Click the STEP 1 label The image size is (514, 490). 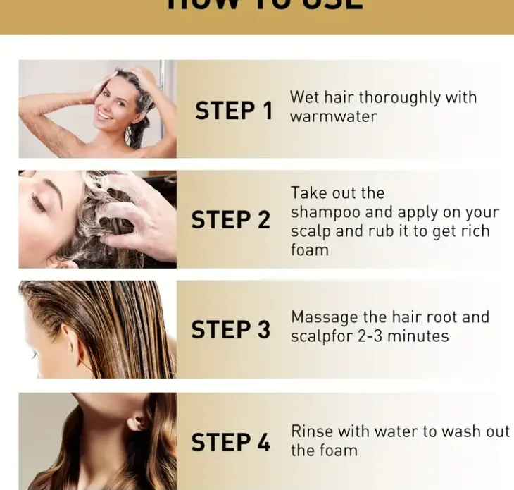point(233,111)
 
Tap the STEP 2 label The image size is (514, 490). point(230,220)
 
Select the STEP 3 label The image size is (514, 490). point(230,330)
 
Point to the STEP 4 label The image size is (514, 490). point(230,442)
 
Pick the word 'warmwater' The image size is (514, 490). point(333,116)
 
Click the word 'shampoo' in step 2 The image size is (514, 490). point(325,212)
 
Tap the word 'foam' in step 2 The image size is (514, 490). point(309,250)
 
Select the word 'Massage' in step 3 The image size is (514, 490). point(325,317)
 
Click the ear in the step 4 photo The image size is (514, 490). point(138,422)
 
